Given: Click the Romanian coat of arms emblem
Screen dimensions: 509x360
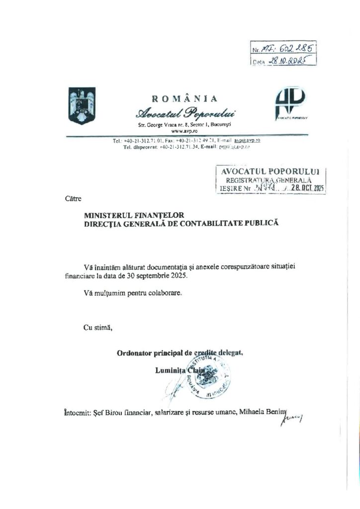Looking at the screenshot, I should (x=82, y=106).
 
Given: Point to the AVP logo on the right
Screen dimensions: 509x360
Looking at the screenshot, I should (x=290, y=104).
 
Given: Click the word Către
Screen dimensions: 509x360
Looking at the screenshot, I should (x=73, y=199).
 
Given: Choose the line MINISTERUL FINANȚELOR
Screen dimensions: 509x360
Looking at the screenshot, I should (x=134, y=215).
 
